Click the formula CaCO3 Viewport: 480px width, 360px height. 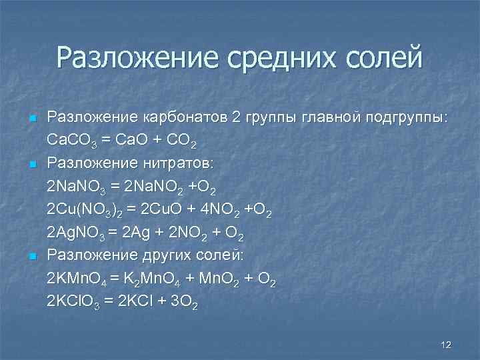tap(73, 142)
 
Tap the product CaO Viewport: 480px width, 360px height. tap(132, 142)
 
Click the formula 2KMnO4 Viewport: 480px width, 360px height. tap(79, 279)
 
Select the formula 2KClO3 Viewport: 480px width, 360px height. tap(75, 302)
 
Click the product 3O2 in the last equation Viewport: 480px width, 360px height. tap(185, 302)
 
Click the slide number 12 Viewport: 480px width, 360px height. tap(446, 344)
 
